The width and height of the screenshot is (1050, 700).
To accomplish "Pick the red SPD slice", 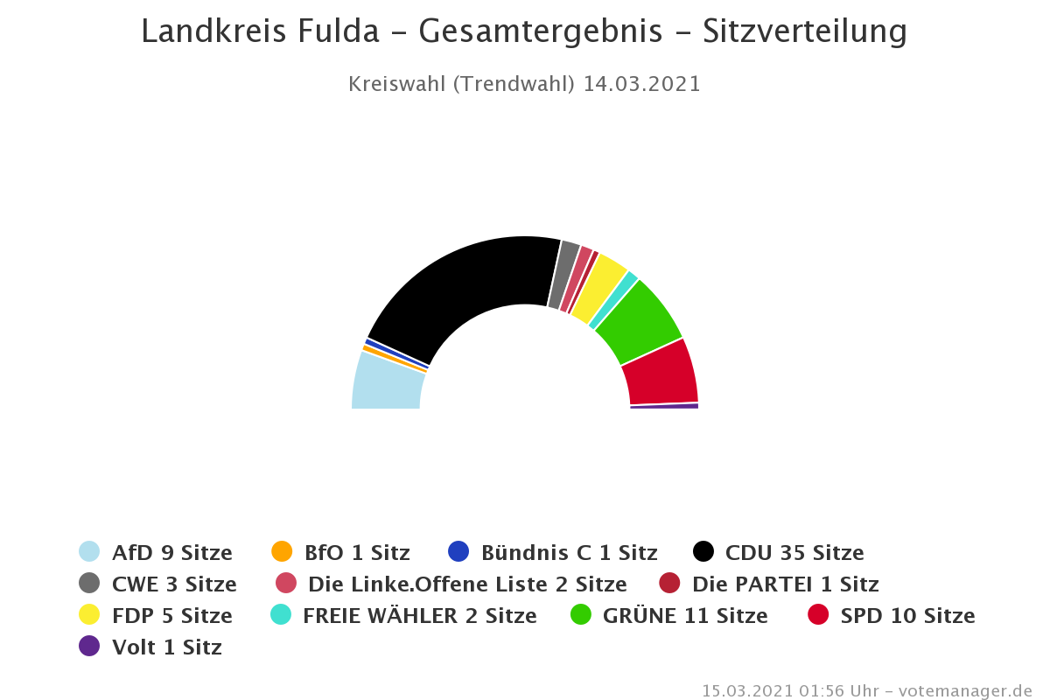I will pyautogui.click(x=661, y=373).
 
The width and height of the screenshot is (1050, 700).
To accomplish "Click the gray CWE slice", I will pyautogui.click(x=563, y=274).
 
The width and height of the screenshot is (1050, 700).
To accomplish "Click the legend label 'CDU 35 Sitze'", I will pyautogui.click(x=794, y=553).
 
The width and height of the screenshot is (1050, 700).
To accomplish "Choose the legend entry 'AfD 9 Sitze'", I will pyautogui.click(x=171, y=553).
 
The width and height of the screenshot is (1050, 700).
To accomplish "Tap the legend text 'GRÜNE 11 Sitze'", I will pyautogui.click(x=685, y=616).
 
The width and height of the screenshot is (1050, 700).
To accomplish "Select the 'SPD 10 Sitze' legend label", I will pyautogui.click(x=907, y=616).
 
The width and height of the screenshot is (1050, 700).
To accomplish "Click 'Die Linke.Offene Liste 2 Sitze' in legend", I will pyautogui.click(x=467, y=584).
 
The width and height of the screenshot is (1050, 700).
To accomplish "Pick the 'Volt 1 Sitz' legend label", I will pyautogui.click(x=166, y=647).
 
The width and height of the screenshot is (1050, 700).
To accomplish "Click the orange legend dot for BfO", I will pyautogui.click(x=282, y=552).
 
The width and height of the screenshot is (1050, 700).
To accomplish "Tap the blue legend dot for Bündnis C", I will pyautogui.click(x=458, y=552).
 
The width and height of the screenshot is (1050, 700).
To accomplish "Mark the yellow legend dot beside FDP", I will pyautogui.click(x=89, y=615).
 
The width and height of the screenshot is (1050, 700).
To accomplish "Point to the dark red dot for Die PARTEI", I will pyautogui.click(x=669, y=584).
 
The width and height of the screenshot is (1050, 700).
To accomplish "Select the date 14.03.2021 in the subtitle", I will pyautogui.click(x=642, y=84).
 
